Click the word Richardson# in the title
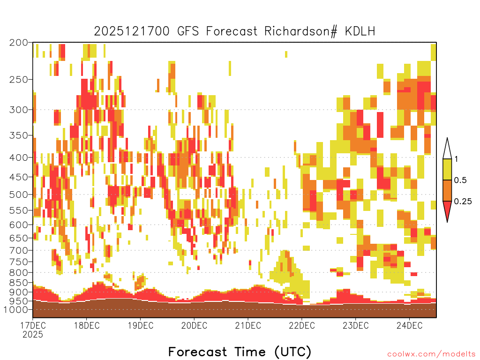[300, 31]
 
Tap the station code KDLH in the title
[360, 31]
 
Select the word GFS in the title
[188, 31]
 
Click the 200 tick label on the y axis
[18, 43]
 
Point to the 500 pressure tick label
[18, 195]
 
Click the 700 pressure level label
[18, 250]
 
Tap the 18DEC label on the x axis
[87, 325]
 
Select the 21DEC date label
[248, 325]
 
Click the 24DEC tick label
[409, 325]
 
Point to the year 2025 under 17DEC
[33, 335]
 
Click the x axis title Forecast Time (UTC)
[240, 352]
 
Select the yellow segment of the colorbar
[447, 169]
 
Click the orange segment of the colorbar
[447, 190]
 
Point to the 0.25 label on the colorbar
[463, 202]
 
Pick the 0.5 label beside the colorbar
[460, 180]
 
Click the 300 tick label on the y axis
[18, 110]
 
